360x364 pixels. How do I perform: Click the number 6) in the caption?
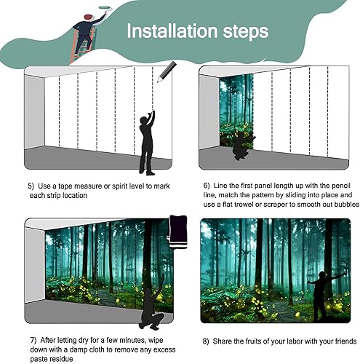pyautogui.click(x=207, y=186)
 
